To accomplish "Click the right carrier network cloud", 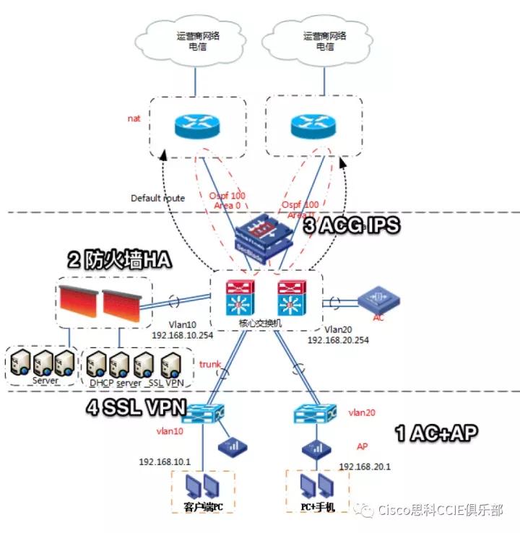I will coord(317,40).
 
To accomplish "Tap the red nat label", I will coord(134,117).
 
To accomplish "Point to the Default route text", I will coord(157,198).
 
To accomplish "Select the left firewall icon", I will coord(77,303).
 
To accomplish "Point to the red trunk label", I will coord(209,365).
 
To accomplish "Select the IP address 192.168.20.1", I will coord(365,466).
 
